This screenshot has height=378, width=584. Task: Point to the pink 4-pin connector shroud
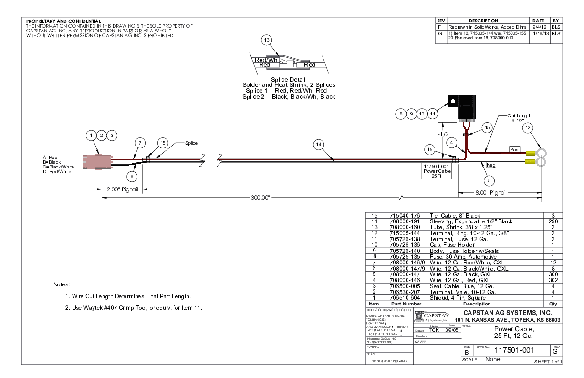pos(98,161)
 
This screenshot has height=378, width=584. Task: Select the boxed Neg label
pos(491,165)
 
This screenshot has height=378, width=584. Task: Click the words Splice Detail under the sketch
pos(288,79)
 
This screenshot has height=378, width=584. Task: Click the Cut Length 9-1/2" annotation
pos(520,118)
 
